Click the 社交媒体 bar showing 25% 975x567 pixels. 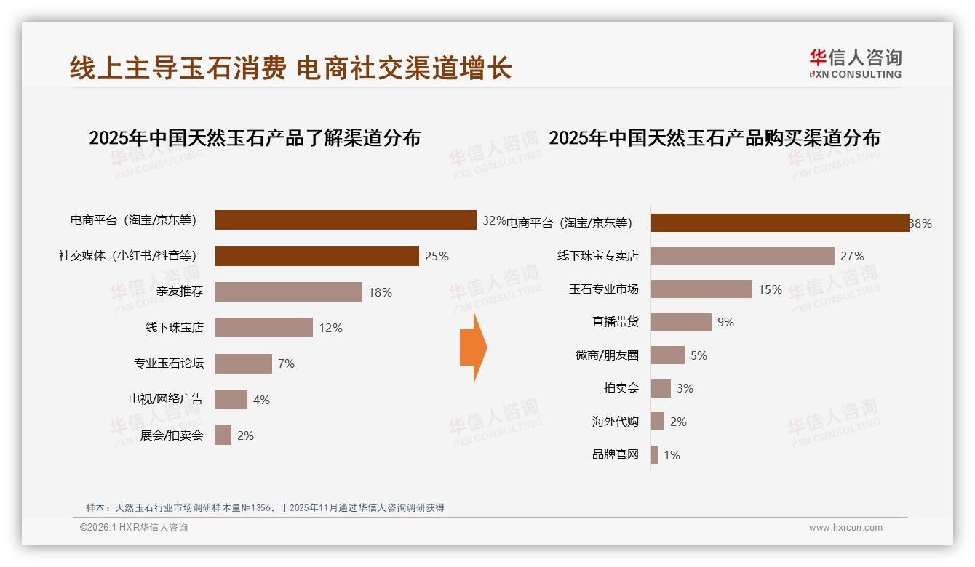click(317, 256)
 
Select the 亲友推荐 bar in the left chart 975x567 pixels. click(288, 292)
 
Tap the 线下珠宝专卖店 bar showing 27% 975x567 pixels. click(742, 256)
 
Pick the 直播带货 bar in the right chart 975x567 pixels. click(681, 322)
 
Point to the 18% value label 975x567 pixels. click(380, 292)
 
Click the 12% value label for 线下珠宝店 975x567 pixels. click(330, 328)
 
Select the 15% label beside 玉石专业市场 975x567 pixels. click(770, 289)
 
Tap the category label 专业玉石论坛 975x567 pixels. click(168, 363)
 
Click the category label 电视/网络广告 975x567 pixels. click(165, 399)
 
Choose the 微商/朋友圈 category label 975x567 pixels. click(606, 355)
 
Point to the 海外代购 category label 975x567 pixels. click(615, 422)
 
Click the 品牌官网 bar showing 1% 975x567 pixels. click(654, 455)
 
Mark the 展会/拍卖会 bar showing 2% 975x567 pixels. click(223, 435)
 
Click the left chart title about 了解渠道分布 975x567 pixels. click(255, 138)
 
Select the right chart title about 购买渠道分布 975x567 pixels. click(714, 138)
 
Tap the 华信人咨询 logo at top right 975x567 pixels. click(854, 63)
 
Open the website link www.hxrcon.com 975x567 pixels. click(845, 528)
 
